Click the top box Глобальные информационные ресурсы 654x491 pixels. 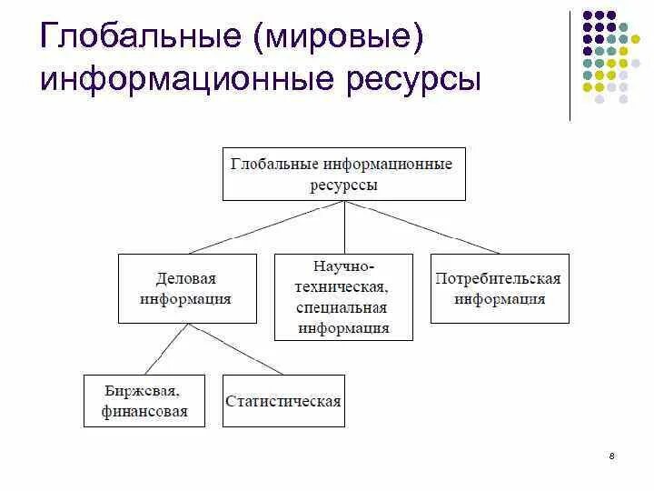[344, 174]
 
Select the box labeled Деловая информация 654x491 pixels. [186, 288]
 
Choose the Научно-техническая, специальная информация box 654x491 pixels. [343, 296]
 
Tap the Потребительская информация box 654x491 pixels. [500, 288]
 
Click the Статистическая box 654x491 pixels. [283, 400]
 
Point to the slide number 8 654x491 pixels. [612, 456]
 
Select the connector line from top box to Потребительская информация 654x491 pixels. [422, 227]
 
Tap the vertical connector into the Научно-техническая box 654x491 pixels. [344, 227]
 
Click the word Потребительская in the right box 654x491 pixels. [500, 278]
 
